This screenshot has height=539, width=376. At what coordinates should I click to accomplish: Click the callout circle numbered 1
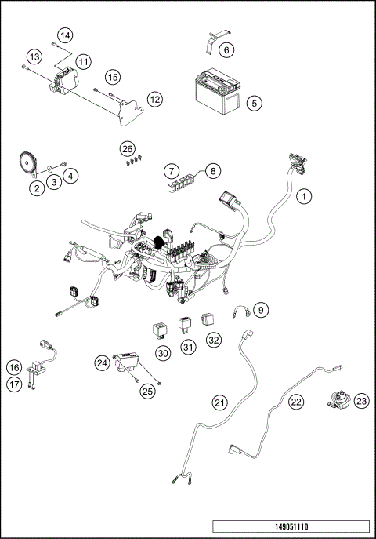click(304, 197)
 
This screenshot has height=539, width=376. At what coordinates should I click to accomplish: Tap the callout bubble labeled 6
click(226, 51)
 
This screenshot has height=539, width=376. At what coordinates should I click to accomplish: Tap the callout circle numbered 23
click(360, 401)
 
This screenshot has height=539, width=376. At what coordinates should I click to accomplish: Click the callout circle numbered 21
click(220, 402)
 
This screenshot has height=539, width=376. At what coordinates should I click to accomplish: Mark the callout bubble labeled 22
click(295, 401)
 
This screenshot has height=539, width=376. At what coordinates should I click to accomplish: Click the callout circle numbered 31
click(188, 347)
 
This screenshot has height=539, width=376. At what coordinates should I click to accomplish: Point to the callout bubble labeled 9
click(262, 310)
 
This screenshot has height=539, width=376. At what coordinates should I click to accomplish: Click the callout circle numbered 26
click(128, 149)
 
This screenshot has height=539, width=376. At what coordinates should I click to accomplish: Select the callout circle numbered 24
click(102, 362)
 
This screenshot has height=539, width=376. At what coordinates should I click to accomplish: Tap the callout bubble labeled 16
click(14, 368)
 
